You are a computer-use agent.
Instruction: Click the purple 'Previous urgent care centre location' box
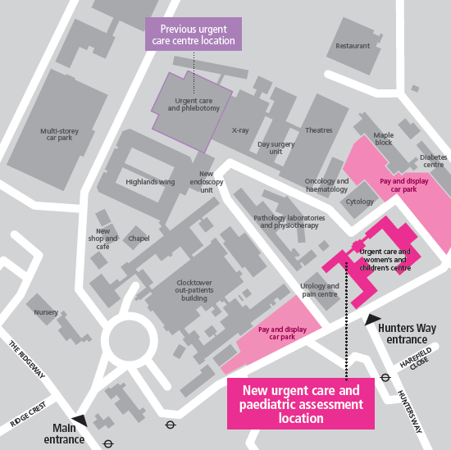coord(194,34)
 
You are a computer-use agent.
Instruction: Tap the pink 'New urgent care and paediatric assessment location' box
coord(301,404)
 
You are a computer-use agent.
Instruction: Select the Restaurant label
coord(353,46)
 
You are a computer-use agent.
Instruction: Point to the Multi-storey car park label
coord(60,134)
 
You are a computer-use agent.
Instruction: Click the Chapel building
coord(138,238)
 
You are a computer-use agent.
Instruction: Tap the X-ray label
coord(240,130)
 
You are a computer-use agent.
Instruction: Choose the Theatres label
coord(319,130)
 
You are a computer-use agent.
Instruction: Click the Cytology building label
coord(359,202)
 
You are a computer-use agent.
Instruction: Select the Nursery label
coord(46,312)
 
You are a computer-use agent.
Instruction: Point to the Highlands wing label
coord(150,182)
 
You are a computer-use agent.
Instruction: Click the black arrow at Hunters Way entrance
coord(372,320)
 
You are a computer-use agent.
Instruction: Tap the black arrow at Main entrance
coord(80,420)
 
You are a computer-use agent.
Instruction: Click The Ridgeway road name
coord(27,359)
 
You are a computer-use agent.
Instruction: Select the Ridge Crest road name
coord(28,414)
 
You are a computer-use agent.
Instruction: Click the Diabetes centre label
coord(434,161)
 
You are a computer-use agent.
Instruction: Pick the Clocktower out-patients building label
coord(194,290)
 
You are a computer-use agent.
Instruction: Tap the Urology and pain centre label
coord(320,290)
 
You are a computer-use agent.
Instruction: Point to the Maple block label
coord(384,139)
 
